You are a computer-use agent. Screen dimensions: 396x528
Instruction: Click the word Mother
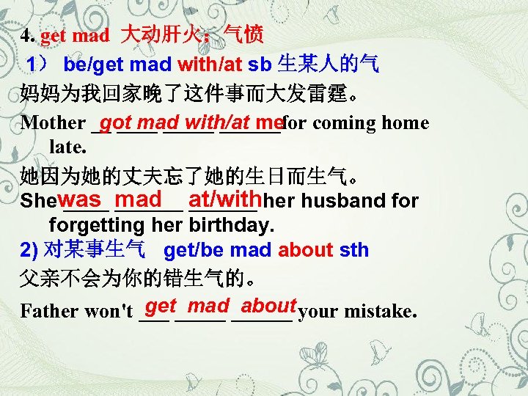point(53,123)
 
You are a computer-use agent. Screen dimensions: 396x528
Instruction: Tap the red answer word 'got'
point(117,121)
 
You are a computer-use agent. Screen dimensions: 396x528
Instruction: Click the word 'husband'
point(346,201)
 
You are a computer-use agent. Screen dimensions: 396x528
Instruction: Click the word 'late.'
point(67,147)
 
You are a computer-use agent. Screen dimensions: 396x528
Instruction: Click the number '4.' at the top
point(28,35)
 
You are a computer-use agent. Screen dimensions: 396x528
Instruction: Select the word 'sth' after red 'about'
point(354,250)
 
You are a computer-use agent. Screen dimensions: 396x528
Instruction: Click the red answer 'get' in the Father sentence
point(161,307)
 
